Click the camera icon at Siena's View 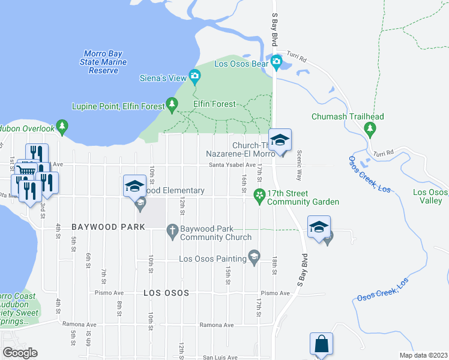(194, 76)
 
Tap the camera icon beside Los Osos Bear (276, 61)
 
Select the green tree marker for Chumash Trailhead (370, 128)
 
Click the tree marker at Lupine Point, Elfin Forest (172, 106)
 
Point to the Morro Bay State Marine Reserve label (103, 62)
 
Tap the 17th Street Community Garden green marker (259, 195)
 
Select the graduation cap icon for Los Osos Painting (255, 257)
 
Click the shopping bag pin (321, 345)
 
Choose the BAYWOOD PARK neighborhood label (108, 227)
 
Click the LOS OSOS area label (166, 293)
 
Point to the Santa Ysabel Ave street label (232, 165)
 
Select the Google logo (20, 353)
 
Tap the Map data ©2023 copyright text (423, 355)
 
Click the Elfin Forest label (214, 104)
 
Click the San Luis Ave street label (219, 357)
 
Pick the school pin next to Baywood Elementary (135, 187)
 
